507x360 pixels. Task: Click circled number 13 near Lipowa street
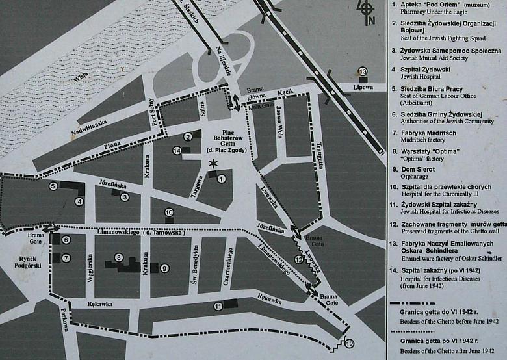tap(363, 71)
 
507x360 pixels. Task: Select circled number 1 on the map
tap(221, 179)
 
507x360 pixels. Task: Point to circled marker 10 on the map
tap(168, 212)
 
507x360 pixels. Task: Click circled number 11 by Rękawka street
tap(218, 306)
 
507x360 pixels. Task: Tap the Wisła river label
tap(81, 77)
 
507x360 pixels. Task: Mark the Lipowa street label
tap(363, 87)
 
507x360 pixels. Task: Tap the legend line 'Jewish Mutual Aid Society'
tap(429, 58)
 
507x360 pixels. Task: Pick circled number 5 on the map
tap(53, 186)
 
